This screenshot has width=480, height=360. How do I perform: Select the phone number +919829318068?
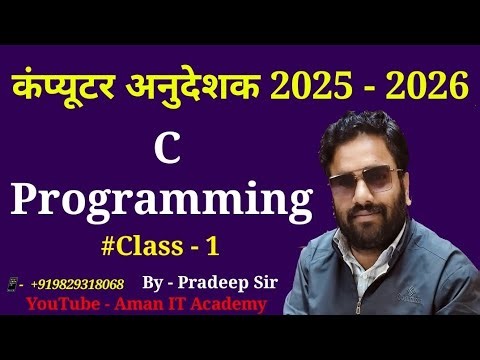point(77,284)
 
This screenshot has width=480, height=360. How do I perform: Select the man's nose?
point(379,203)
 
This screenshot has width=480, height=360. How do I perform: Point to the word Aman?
point(141,304)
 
